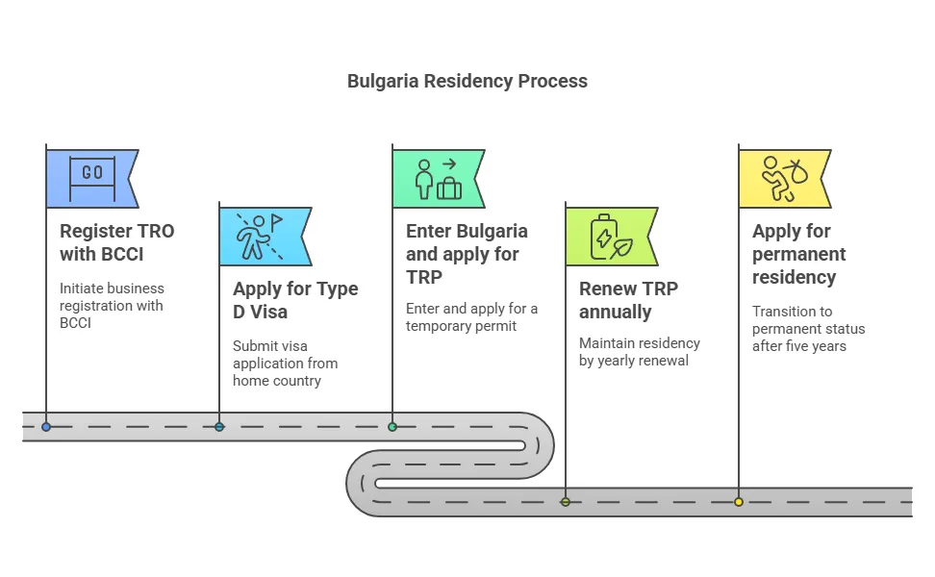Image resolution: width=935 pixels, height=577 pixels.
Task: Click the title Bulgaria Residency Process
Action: coord(467,81)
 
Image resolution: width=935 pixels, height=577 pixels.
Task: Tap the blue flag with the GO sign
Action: coord(91,178)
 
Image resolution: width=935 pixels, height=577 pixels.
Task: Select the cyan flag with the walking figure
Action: coord(265,236)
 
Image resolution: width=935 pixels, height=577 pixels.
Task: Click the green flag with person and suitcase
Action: coord(438,178)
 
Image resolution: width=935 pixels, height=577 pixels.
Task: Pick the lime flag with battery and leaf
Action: coord(611,236)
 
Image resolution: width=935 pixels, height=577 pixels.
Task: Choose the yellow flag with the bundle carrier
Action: coord(784,178)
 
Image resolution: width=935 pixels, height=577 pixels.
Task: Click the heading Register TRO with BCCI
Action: coord(117,242)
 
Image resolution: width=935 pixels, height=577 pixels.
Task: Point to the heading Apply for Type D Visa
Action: coord(295,300)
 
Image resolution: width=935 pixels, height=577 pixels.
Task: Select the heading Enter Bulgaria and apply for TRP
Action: coord(467,254)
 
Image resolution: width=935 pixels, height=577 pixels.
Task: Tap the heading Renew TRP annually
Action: coord(628,300)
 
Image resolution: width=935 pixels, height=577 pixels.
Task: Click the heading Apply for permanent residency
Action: coord(798,254)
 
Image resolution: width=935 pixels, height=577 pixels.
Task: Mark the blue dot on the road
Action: coord(46,427)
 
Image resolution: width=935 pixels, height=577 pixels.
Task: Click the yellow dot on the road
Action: coord(739,502)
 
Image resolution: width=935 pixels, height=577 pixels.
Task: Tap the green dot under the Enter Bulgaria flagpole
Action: coord(392,427)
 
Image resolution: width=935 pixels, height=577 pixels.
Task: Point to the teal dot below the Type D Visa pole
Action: coord(219,427)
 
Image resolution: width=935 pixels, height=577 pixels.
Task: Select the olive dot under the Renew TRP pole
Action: coord(566,502)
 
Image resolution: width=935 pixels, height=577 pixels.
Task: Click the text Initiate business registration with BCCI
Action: coord(112,306)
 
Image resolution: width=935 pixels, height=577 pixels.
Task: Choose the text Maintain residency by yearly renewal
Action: coord(640,352)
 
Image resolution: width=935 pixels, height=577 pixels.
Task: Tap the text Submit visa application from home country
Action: coord(285,364)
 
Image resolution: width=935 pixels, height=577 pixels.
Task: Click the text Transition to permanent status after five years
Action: coord(808,329)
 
